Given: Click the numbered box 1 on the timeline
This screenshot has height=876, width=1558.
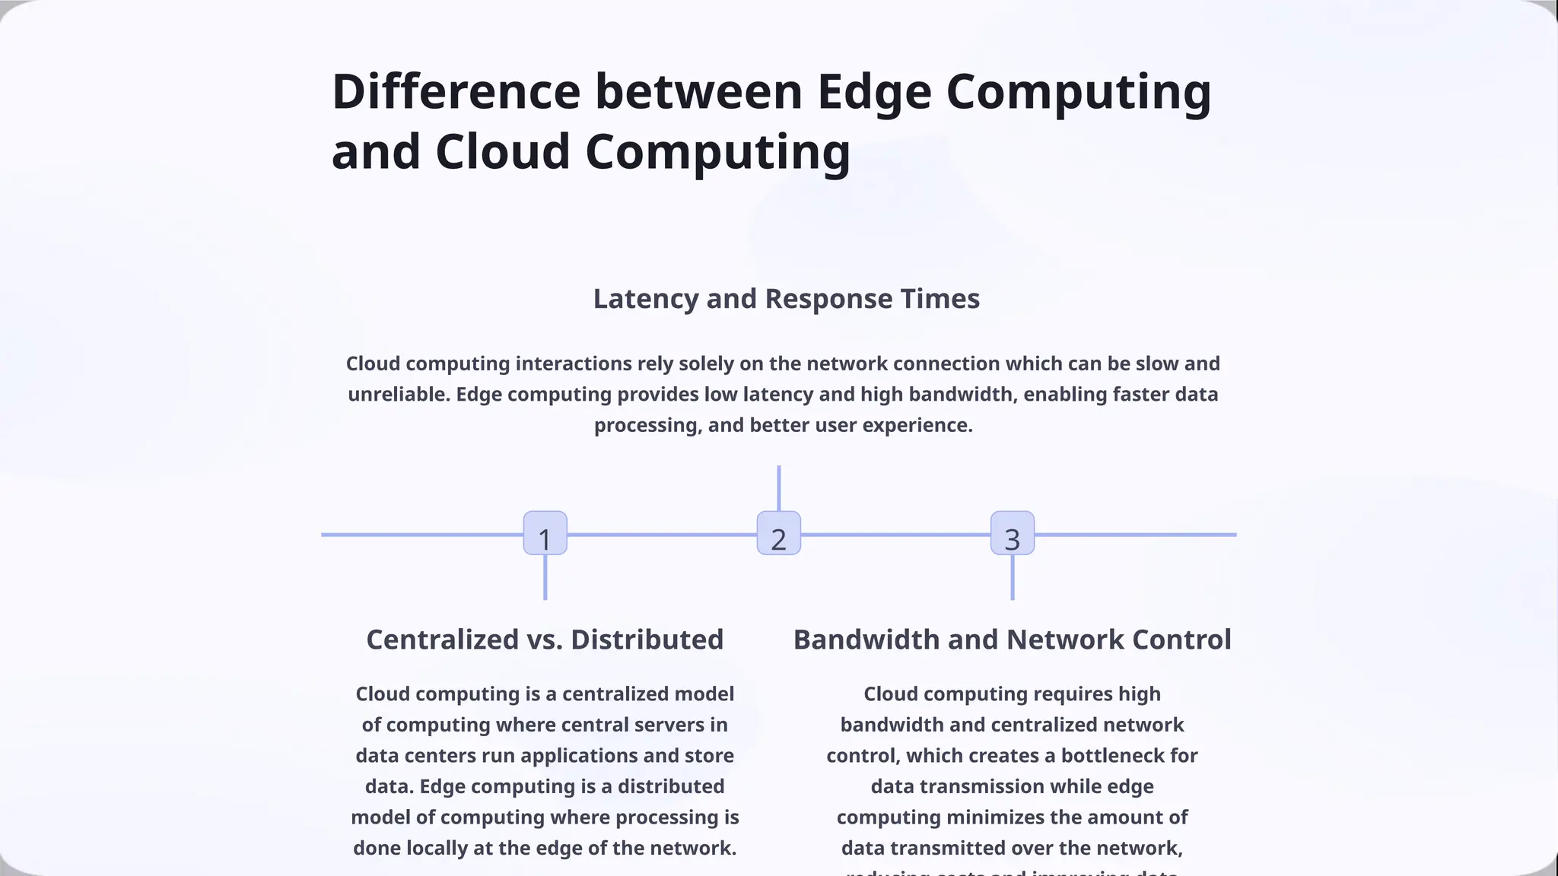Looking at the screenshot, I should coord(545,533).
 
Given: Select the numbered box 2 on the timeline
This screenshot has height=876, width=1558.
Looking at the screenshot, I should coord(778,533).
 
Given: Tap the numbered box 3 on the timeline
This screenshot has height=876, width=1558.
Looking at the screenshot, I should coord(1012,533).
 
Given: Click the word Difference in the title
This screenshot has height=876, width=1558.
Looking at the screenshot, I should coord(456,92).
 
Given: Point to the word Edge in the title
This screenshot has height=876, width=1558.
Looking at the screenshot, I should coord(874,92).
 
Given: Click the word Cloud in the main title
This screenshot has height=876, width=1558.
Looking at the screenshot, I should coord(503,151).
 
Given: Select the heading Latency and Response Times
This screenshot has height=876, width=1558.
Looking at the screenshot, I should coord(786,299).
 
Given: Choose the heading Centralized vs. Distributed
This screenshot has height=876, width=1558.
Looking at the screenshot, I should coord(545,640).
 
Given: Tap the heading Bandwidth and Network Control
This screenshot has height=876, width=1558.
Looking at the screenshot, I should coord(1012,640).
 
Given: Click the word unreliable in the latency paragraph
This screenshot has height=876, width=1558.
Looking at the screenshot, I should coord(398,395).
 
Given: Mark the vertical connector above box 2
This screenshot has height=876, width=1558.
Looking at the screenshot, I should coord(779,487).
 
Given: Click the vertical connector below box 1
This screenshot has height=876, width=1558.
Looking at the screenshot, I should coord(545,578).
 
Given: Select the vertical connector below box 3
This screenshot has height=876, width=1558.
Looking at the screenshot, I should coord(1013,578).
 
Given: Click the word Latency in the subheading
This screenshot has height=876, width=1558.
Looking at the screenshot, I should coord(645,299).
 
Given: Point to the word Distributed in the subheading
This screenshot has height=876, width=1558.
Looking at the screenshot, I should coord(647,640).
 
